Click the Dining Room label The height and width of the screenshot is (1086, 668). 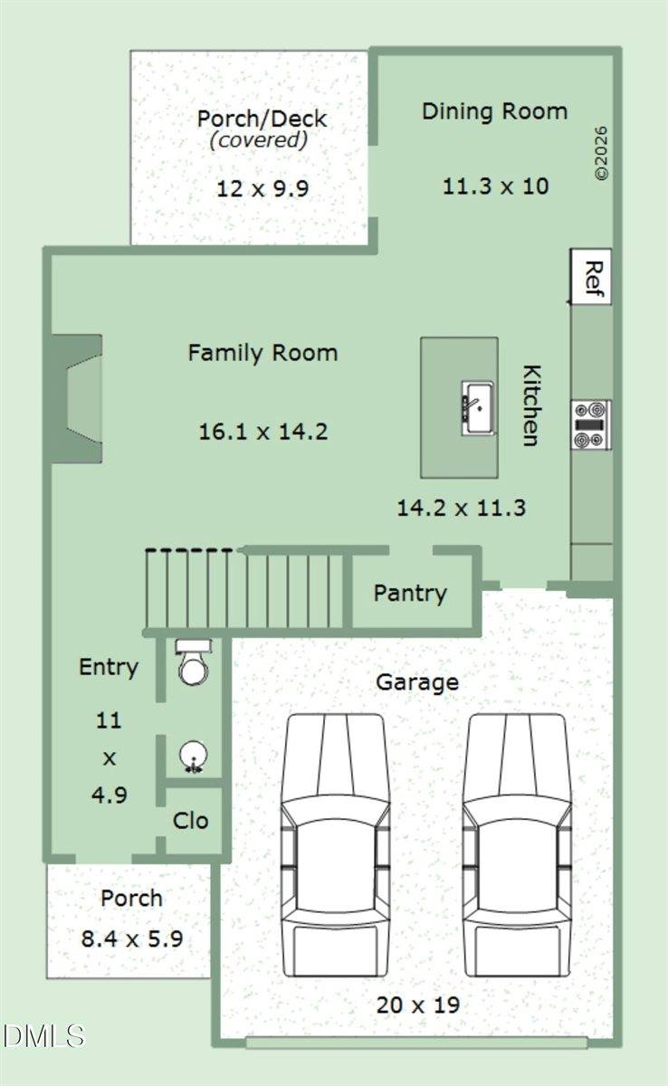[x=494, y=111]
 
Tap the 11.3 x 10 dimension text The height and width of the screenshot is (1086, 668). [x=495, y=186]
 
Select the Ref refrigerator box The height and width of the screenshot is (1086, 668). [x=591, y=277]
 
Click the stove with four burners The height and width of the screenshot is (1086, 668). [x=591, y=424]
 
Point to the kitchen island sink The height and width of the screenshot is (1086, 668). [x=478, y=408]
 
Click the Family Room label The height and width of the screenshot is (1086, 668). [x=262, y=353]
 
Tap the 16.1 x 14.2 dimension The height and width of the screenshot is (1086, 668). [x=263, y=432]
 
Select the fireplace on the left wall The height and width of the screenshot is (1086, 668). [x=78, y=398]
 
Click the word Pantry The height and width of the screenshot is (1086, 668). [x=410, y=594]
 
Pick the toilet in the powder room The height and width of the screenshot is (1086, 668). [x=194, y=662]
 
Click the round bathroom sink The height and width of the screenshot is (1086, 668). [x=194, y=756]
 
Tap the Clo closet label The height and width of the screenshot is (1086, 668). [x=190, y=821]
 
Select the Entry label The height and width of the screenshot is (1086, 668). [x=109, y=668]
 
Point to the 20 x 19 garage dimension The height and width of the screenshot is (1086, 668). [x=418, y=1005]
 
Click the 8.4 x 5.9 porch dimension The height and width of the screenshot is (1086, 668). [x=132, y=939]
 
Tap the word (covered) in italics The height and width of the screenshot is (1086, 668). [x=259, y=140]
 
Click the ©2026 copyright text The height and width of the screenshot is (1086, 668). [x=601, y=153]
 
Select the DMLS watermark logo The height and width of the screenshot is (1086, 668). [x=43, y=1036]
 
